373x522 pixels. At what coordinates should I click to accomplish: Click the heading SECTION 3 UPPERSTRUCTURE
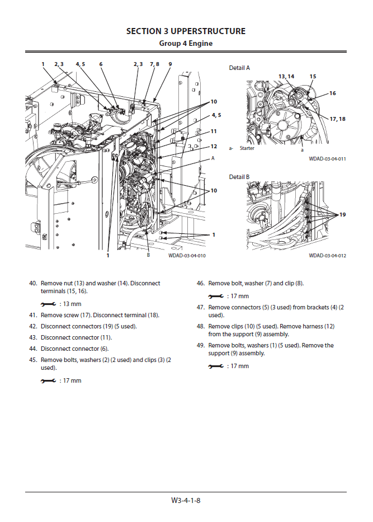click(x=186, y=31)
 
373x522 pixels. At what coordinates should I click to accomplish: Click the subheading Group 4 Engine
click(x=186, y=43)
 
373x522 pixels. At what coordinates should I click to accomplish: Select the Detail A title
click(x=239, y=68)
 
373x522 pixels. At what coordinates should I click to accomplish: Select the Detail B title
click(x=239, y=177)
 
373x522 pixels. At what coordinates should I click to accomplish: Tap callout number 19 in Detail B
click(x=342, y=214)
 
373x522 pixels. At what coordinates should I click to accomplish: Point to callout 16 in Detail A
click(x=333, y=93)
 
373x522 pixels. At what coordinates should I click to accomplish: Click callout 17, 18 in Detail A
click(x=337, y=119)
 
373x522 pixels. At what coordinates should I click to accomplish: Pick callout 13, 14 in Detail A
click(x=286, y=76)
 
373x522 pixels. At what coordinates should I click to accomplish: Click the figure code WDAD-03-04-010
click(x=187, y=256)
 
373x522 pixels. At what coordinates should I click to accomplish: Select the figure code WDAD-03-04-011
click(x=327, y=159)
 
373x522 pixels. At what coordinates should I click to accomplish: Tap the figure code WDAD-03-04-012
click(x=327, y=256)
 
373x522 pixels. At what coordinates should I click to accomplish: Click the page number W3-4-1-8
click(x=186, y=500)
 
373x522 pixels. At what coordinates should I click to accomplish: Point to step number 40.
click(x=32, y=284)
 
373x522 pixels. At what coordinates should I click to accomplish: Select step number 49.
click(x=200, y=345)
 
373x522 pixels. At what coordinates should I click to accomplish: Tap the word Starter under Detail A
click(x=247, y=149)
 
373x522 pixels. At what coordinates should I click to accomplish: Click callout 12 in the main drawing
click(x=214, y=147)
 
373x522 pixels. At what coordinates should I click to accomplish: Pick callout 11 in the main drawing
click(x=214, y=131)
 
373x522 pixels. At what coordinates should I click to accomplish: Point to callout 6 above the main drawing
click(x=101, y=64)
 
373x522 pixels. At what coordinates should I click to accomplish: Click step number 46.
click(x=200, y=284)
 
